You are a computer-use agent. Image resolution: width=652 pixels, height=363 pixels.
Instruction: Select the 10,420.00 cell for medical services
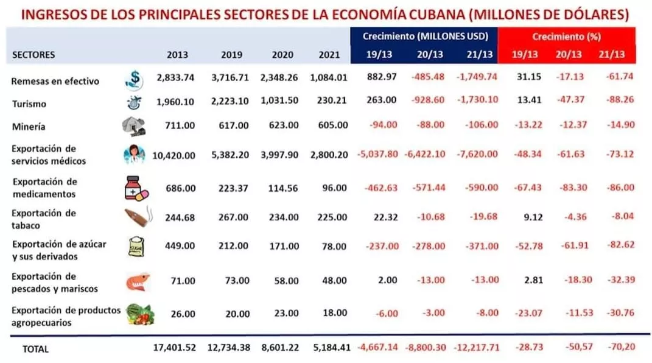175,155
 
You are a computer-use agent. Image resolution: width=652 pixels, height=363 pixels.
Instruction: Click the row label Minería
29,127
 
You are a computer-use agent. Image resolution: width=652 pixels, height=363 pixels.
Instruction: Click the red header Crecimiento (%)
566,37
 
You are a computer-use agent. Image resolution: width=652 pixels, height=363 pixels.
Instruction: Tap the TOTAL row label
35,350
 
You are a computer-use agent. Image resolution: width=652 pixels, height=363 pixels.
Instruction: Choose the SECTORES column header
33,55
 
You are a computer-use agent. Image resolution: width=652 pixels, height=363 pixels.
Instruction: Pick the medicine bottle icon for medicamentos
135,186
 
